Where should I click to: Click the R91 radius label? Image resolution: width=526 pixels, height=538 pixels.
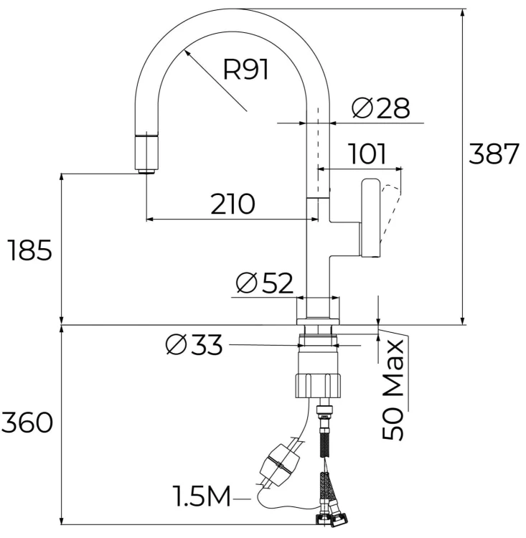245,70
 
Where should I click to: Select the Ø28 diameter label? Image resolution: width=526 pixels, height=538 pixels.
381,108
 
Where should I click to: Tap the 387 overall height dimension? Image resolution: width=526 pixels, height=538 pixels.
494,154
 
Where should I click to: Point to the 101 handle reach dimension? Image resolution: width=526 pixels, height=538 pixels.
367,154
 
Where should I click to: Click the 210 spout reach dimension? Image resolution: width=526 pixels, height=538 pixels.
233,204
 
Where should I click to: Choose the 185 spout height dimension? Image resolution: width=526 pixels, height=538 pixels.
30,250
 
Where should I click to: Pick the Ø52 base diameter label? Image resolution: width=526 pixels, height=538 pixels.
265,283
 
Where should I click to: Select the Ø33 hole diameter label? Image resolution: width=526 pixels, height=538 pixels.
194,344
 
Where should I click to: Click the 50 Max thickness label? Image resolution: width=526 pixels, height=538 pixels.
393,390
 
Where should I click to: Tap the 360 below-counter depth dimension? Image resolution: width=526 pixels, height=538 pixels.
27,423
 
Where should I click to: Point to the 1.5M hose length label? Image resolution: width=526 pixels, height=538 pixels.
202,496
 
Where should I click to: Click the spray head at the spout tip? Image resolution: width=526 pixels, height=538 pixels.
147,154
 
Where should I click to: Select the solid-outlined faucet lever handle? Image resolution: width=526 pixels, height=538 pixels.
370,217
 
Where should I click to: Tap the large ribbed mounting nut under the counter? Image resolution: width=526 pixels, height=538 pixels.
318,386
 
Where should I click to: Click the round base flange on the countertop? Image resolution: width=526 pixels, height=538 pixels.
318,321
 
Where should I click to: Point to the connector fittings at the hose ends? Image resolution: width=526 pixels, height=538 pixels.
332,516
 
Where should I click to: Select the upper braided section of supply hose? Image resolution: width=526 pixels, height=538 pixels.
325,443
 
